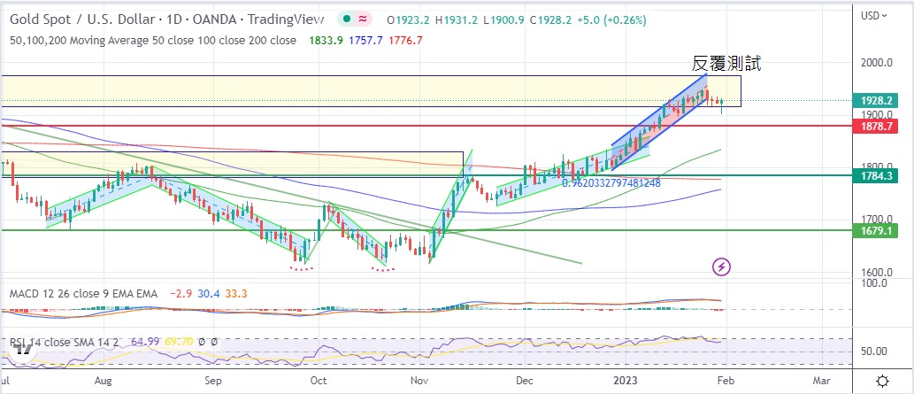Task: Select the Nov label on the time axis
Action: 419,381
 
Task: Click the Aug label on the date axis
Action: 103,381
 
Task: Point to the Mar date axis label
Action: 821,381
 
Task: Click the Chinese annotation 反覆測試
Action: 726,64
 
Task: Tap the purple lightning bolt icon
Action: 722,266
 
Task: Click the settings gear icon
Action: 881,381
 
